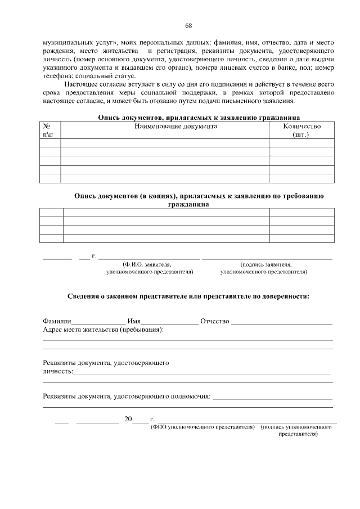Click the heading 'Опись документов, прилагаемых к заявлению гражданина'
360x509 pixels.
(x=198, y=118)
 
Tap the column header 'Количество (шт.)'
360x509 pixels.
(x=302, y=130)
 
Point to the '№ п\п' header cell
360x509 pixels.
(x=48, y=130)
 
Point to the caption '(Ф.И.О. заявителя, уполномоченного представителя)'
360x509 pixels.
(x=149, y=268)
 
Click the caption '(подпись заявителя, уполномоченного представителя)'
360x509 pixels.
(x=264, y=268)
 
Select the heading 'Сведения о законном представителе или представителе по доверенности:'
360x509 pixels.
(x=188, y=295)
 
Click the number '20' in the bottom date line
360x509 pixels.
(x=128, y=419)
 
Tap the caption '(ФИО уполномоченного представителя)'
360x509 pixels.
(x=202, y=427)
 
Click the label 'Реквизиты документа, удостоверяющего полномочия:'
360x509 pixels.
(x=127, y=397)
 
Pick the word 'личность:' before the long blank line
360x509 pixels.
(x=58, y=372)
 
